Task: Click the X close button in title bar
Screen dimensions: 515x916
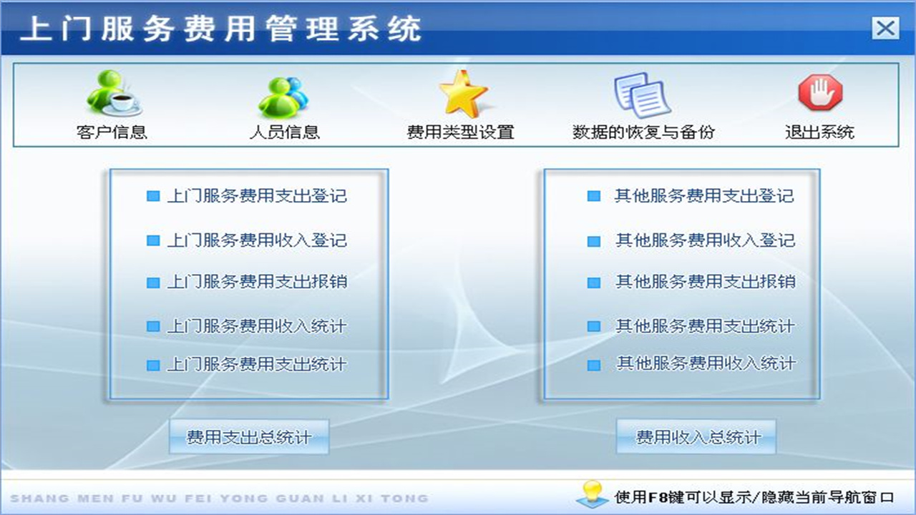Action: click(x=885, y=29)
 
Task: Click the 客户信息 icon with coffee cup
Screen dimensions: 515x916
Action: click(x=113, y=92)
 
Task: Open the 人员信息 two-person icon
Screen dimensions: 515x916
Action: click(x=283, y=95)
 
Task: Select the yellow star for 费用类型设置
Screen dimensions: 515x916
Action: click(x=462, y=94)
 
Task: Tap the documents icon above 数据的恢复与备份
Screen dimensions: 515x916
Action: click(x=641, y=94)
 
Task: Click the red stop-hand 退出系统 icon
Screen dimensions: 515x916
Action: click(x=820, y=93)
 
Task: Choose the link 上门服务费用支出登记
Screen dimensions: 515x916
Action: click(x=256, y=196)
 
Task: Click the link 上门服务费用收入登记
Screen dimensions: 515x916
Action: click(x=256, y=240)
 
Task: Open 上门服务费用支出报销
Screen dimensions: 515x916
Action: click(x=256, y=282)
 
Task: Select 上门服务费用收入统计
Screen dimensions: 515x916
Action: click(x=256, y=326)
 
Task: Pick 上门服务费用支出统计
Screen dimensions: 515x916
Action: click(x=256, y=365)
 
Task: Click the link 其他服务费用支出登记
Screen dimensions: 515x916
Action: click(x=704, y=196)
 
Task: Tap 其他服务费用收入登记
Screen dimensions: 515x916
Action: click(x=705, y=240)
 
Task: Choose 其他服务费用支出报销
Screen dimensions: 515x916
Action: click(x=705, y=282)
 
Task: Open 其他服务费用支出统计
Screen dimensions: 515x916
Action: click(x=705, y=326)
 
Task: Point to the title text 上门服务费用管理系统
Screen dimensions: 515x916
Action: click(x=220, y=29)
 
